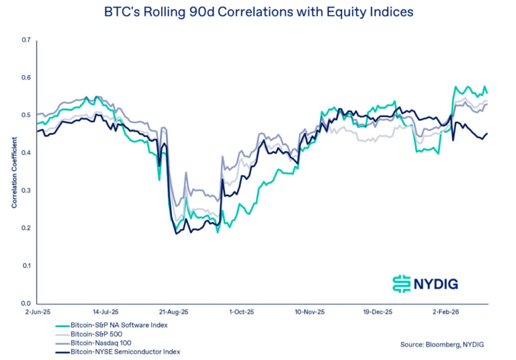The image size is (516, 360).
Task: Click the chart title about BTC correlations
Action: pos(259,11)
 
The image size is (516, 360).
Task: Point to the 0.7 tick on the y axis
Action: pos(27,40)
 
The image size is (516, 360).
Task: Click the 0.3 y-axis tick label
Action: pos(27,191)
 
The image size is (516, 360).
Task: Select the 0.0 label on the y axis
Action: pos(27,304)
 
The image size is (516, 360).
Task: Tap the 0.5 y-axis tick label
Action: pos(27,116)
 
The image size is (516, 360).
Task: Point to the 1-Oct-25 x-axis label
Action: pos(241,312)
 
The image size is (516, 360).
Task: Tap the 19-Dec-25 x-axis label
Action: pos(377,312)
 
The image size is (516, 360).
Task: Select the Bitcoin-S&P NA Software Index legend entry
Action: pos(120,325)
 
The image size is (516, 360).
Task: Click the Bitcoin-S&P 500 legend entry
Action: pos(99,334)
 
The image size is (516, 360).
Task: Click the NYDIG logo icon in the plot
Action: pos(401,283)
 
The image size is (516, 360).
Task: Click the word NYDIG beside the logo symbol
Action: pos(437,284)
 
